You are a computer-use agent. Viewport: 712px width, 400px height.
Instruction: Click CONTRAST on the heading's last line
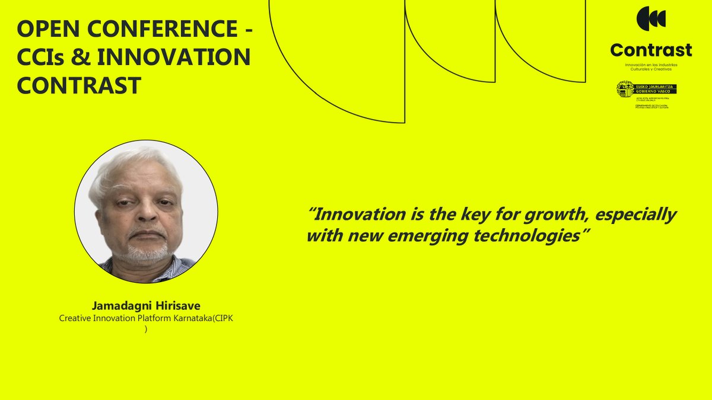(78, 86)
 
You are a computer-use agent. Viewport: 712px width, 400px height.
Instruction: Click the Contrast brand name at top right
(651, 50)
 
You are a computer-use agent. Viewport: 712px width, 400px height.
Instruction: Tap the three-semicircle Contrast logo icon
(651, 18)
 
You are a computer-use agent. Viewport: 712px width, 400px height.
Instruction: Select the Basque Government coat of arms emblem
(625, 89)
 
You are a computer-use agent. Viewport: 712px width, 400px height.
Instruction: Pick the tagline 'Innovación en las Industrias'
(651, 64)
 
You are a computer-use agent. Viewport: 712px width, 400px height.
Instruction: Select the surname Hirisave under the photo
(176, 306)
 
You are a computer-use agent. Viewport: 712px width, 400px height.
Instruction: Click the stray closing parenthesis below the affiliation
(146, 329)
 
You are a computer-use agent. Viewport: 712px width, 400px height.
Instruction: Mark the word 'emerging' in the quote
(428, 236)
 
